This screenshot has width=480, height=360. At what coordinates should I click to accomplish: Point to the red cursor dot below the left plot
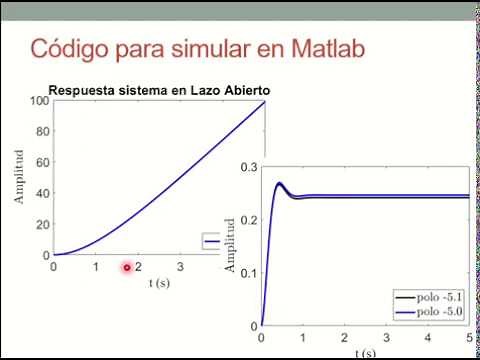coord(127,267)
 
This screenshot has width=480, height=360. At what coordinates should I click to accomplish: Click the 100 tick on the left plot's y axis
coord(40,100)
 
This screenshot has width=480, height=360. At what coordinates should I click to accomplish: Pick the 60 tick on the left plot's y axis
coord(43,162)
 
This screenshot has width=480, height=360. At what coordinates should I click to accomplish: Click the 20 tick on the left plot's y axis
coord(43,224)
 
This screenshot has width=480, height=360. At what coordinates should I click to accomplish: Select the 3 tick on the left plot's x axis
coord(180,267)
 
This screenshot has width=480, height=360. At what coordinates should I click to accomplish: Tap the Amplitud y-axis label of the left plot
coord(18,178)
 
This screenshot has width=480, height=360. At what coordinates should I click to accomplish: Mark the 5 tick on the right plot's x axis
coord(469,339)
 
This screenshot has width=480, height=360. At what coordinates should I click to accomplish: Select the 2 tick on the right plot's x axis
coord(344,339)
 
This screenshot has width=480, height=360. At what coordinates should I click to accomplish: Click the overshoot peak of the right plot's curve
coord(279,183)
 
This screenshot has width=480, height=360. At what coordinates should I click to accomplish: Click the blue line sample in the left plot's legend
coord(213,242)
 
